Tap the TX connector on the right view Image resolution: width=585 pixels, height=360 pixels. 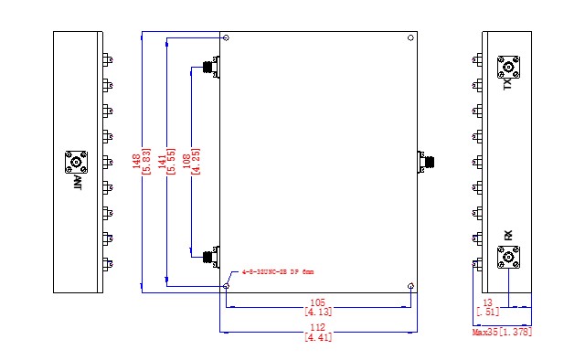[508, 67]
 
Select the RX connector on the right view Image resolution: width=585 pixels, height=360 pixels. [508, 258]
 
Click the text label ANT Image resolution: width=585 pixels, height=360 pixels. [78, 184]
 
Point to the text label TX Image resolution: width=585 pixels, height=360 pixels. [507, 85]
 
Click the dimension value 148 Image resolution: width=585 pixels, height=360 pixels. [135, 162]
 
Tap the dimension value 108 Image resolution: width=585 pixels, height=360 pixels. [187, 162]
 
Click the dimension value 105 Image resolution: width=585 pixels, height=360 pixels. [317, 302]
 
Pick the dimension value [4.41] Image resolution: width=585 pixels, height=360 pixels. [317, 337]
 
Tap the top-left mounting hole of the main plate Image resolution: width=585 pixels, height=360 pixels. [226, 38]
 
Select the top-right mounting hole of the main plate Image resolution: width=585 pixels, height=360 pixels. [411, 38]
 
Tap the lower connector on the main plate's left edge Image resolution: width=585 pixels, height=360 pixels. [210, 256]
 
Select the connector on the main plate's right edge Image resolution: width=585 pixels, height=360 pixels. [425, 163]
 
